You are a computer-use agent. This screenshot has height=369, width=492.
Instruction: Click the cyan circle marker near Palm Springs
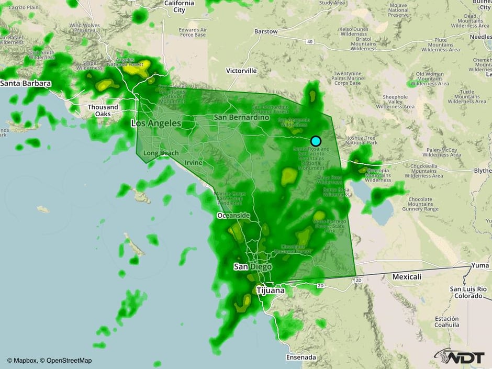click(x=316, y=141)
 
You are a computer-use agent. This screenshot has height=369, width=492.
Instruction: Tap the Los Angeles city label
click(x=155, y=124)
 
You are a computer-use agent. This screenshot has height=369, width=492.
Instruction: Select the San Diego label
click(x=252, y=267)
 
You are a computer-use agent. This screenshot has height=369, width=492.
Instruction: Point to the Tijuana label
click(x=271, y=290)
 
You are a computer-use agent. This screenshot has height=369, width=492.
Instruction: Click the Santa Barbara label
click(x=26, y=83)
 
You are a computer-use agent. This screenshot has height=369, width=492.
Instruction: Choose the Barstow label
click(x=266, y=31)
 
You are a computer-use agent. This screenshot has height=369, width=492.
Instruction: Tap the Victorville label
click(x=241, y=70)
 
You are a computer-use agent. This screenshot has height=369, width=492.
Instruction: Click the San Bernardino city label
click(x=242, y=118)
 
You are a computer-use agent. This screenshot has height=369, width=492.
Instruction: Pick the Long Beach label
click(x=161, y=153)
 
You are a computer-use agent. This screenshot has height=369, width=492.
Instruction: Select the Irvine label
click(x=194, y=163)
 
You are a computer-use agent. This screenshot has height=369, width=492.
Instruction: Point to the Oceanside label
click(x=233, y=216)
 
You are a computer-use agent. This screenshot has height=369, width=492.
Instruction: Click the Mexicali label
click(x=406, y=276)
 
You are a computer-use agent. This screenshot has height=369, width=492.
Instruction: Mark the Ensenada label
click(x=301, y=357)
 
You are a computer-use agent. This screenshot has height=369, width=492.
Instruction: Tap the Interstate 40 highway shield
click(x=310, y=41)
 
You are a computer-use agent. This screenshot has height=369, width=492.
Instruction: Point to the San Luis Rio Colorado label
click(x=468, y=292)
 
